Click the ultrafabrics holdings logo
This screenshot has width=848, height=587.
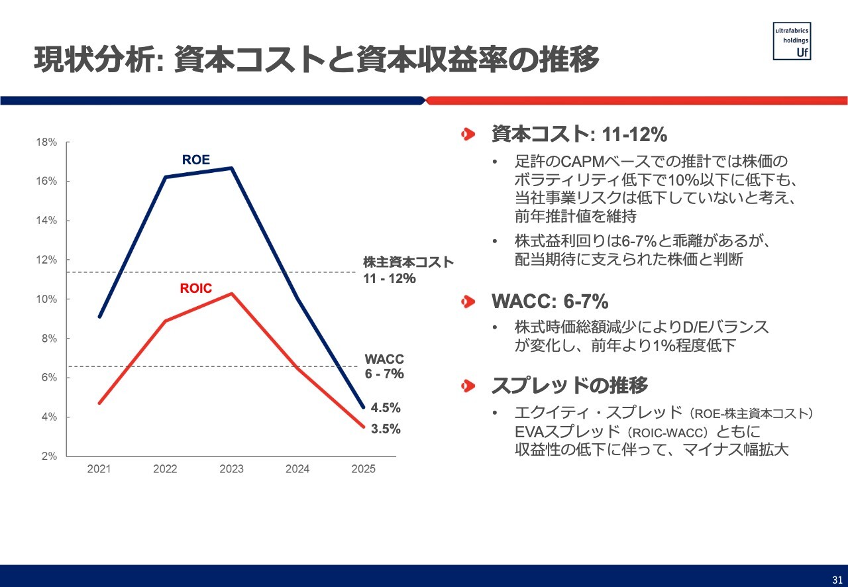click(792, 41)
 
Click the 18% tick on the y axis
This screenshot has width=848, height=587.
click(46, 142)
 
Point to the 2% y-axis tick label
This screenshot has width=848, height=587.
click(49, 456)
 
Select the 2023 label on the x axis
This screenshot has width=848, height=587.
click(231, 469)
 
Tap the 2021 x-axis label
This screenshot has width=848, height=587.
click(99, 469)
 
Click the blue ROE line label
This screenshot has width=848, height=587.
click(195, 160)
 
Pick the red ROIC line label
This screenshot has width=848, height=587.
click(195, 288)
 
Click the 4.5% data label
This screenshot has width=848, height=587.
click(386, 407)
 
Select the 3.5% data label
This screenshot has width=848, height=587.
click(386, 429)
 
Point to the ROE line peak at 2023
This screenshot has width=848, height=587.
click(231, 168)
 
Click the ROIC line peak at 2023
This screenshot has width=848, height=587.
click(231, 293)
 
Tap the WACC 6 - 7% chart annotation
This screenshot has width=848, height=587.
click(384, 366)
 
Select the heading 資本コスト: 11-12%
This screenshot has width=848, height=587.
click(578, 134)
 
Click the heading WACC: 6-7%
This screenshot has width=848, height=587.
click(549, 301)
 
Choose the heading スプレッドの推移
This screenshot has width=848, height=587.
click(569, 385)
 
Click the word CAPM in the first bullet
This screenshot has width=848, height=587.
click(580, 162)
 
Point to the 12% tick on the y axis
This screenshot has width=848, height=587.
click(46, 260)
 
